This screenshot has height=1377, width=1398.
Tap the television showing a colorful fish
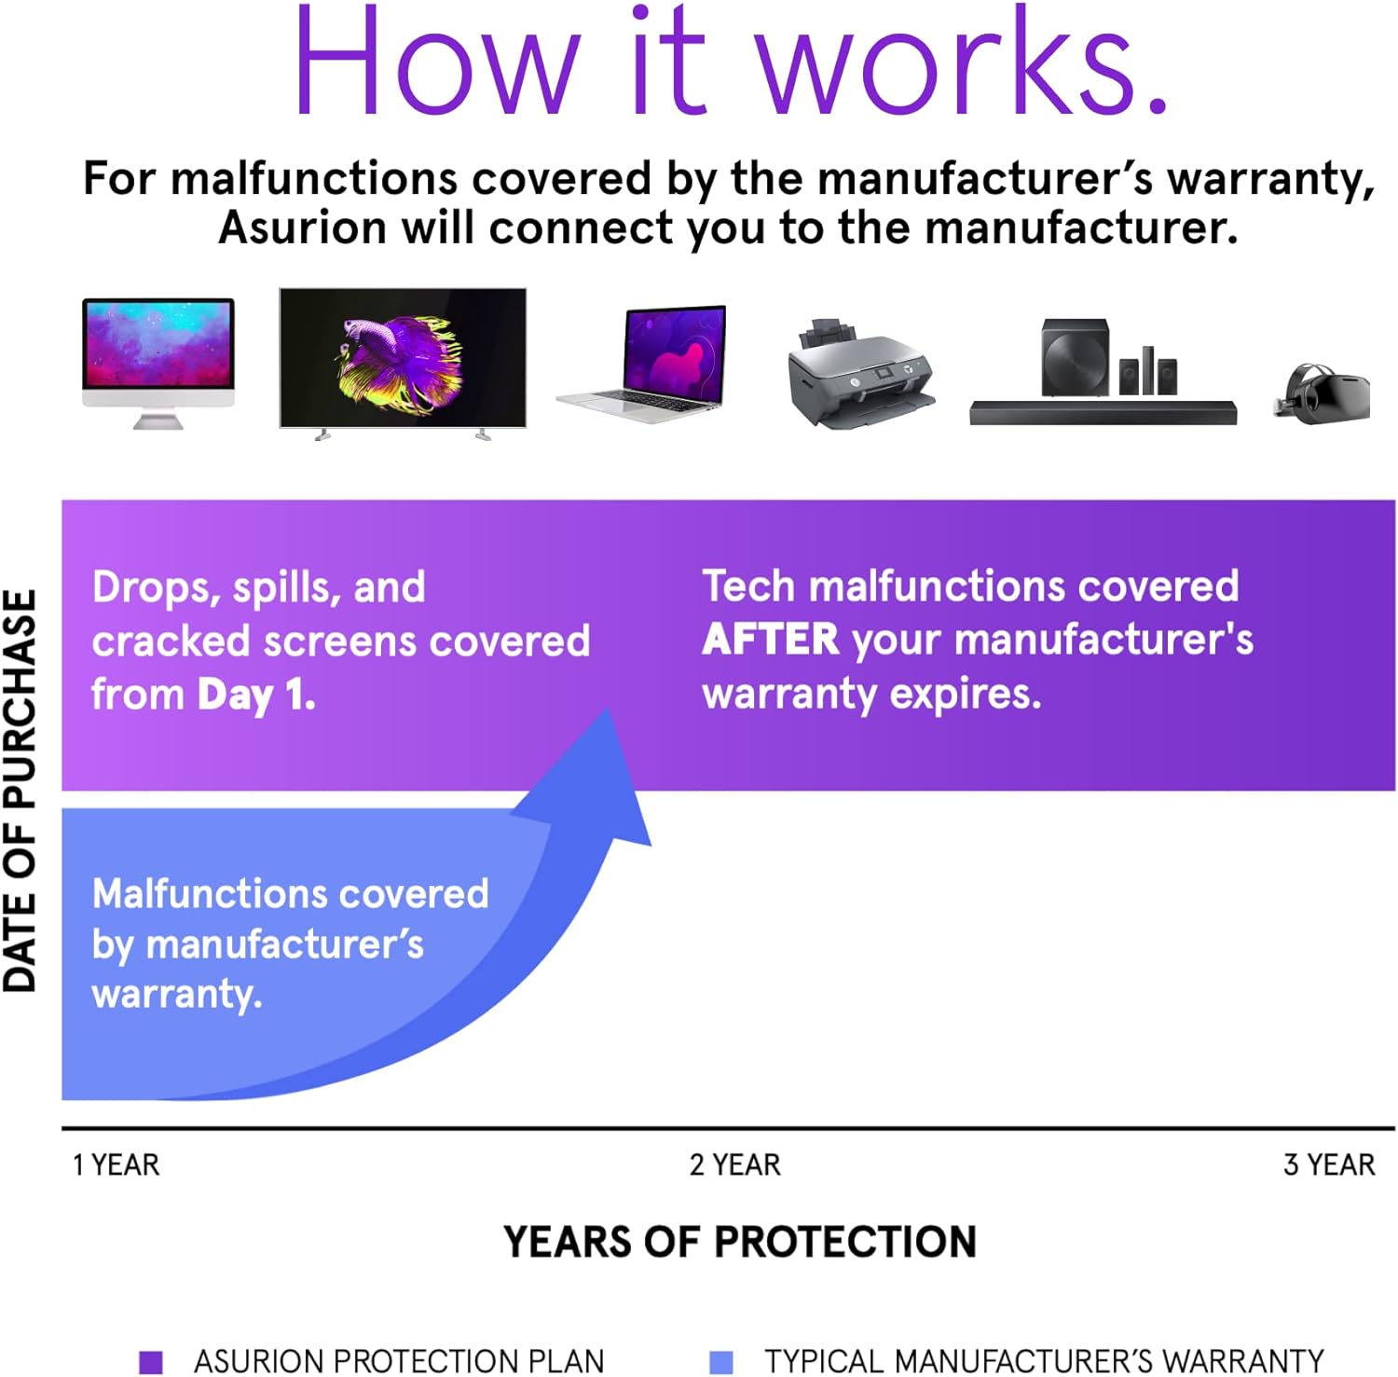tap(403, 359)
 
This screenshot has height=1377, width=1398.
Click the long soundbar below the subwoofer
tap(1102, 413)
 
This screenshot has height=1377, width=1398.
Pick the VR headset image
tap(1322, 392)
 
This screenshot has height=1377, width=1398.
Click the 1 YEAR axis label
tap(116, 1165)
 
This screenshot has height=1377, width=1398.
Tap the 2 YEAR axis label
tap(734, 1165)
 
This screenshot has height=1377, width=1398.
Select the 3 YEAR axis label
tap(1328, 1165)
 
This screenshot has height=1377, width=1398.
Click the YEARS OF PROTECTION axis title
tap(739, 1242)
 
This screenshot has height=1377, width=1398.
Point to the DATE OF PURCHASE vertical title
tap(21, 791)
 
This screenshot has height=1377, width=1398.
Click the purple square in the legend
tap(150, 1362)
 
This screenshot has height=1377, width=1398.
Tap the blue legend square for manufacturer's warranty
tap(720, 1362)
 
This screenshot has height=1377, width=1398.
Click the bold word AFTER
tap(770, 640)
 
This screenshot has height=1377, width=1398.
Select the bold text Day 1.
tap(256, 695)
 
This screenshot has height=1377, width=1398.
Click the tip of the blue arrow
tap(609, 713)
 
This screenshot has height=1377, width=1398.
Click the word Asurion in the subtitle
tap(302, 228)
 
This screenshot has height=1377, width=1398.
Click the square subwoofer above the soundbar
tap(1075, 357)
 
